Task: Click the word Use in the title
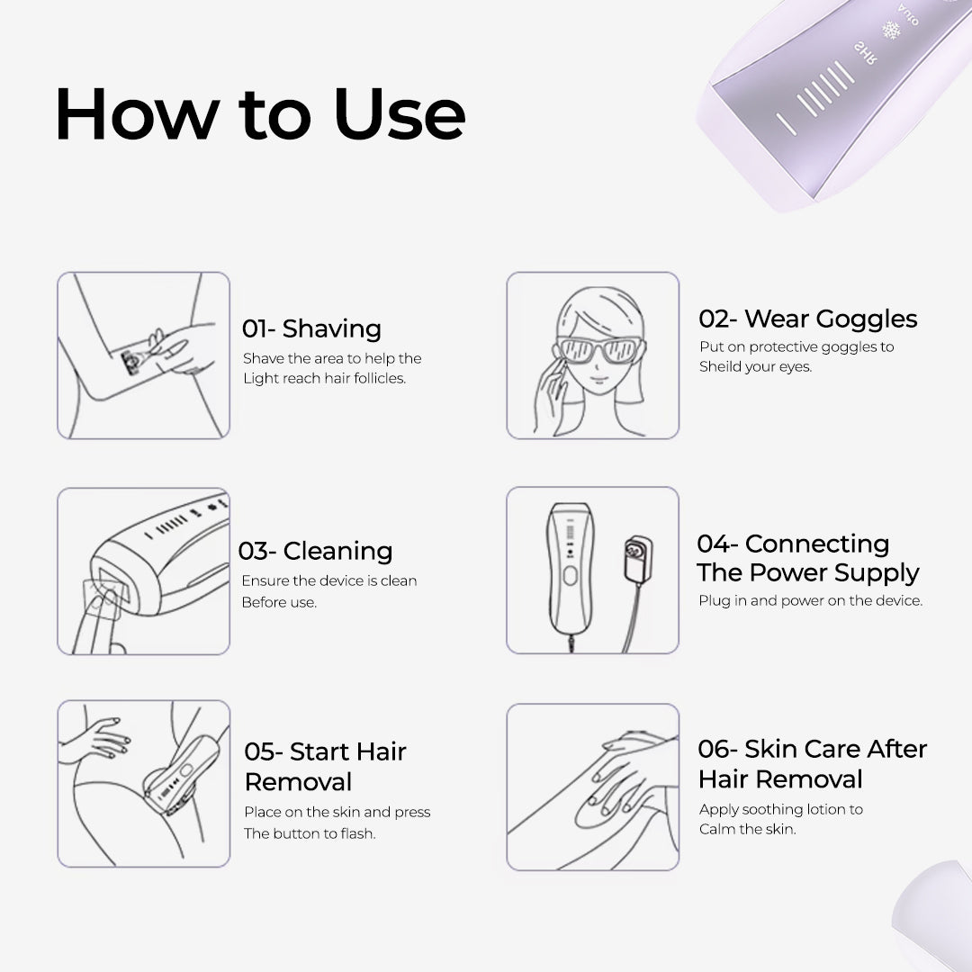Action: (x=400, y=114)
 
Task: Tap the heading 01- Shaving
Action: (x=311, y=328)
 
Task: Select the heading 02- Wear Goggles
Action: (x=807, y=319)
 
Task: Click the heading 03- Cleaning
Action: (x=316, y=551)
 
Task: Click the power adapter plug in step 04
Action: (x=637, y=559)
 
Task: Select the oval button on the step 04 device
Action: (x=570, y=576)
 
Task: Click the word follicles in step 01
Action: (x=380, y=378)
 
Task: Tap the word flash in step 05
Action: (x=357, y=833)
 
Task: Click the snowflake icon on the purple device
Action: (x=891, y=31)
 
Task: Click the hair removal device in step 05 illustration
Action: (x=182, y=775)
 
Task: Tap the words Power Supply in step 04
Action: (x=833, y=572)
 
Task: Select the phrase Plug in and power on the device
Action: (x=811, y=600)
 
